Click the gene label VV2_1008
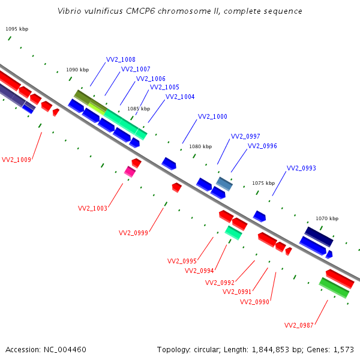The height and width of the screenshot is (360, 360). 121,59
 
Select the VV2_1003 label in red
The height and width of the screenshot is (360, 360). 92,208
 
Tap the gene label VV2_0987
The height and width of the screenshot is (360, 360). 299,325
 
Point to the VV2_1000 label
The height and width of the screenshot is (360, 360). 212,116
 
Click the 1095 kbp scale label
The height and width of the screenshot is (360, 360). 17,29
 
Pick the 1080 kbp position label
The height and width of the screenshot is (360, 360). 200,146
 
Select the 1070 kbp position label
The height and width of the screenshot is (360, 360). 327,218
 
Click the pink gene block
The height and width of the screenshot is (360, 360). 130,172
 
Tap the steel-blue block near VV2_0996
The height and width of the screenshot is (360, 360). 224,184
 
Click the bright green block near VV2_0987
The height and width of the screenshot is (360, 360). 334,288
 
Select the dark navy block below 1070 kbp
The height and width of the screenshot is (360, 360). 319,237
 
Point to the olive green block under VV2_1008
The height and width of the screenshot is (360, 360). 91,101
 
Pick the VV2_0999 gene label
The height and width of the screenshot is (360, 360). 133,233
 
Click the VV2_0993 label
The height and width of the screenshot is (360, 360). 301,168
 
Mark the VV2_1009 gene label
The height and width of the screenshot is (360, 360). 16,160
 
